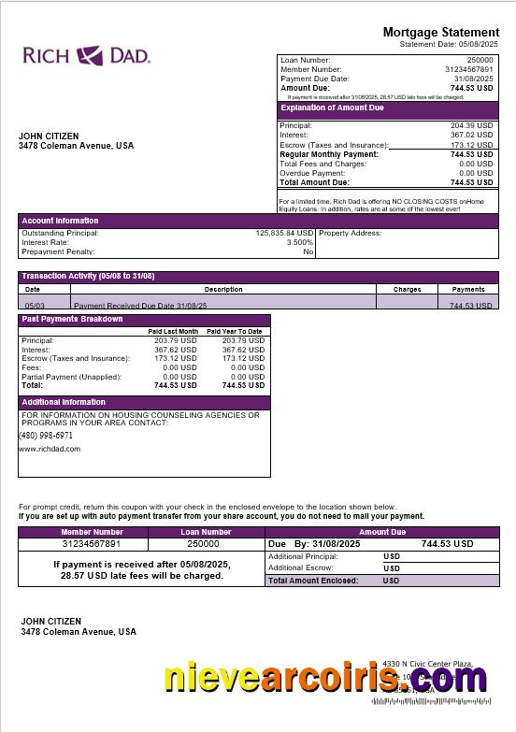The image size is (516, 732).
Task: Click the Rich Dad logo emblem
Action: [91, 55]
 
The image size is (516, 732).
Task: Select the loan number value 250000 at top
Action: [480, 60]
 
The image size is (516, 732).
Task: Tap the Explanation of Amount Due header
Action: [333, 108]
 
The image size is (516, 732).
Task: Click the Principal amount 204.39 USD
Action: [471, 125]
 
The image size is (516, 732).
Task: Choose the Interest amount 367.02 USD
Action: [471, 135]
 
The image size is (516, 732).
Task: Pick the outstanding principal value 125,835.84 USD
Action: [284, 233]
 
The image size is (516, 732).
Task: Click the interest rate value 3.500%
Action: [300, 242]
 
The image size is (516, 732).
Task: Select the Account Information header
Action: [60, 221]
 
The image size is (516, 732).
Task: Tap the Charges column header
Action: [407, 289]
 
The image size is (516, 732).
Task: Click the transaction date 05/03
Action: [34, 306]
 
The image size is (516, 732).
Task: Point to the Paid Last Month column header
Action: [173, 331]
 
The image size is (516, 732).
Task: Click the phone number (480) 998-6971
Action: [46, 436]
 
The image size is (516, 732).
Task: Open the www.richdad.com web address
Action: [50, 449]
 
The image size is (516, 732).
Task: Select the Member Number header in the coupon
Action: [92, 532]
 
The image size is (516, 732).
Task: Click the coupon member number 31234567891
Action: [92, 543]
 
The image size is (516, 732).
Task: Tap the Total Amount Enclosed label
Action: [312, 581]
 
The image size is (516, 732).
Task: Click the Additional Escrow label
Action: [303, 567]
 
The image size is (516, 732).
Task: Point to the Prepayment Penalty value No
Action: [308, 251]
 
